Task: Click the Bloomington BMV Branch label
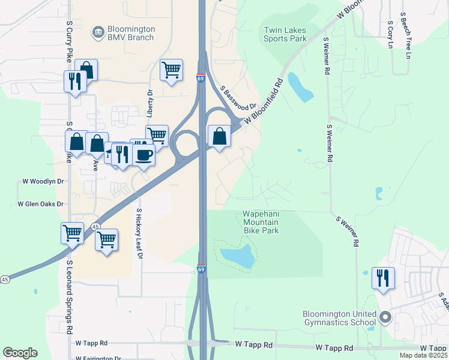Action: click(x=130, y=33)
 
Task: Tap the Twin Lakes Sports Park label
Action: click(x=285, y=34)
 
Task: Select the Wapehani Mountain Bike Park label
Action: click(x=261, y=221)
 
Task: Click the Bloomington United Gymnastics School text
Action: click(x=339, y=318)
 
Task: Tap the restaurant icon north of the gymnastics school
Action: click(x=382, y=278)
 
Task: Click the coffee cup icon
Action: click(x=144, y=155)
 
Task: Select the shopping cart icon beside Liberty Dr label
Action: click(x=171, y=70)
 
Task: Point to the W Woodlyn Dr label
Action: click(x=43, y=181)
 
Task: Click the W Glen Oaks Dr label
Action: click(x=40, y=204)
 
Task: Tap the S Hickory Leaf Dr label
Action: click(x=139, y=233)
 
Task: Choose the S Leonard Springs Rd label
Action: click(x=70, y=297)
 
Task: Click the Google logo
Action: click(x=20, y=353)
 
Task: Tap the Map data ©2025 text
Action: click(x=423, y=355)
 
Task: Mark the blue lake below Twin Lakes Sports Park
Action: click(x=300, y=88)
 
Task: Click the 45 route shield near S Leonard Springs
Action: click(x=95, y=226)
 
